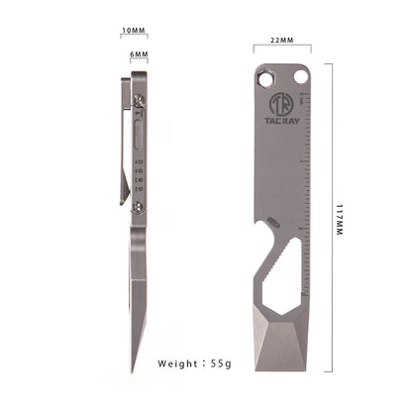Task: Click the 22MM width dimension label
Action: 281,42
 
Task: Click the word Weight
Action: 183,364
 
